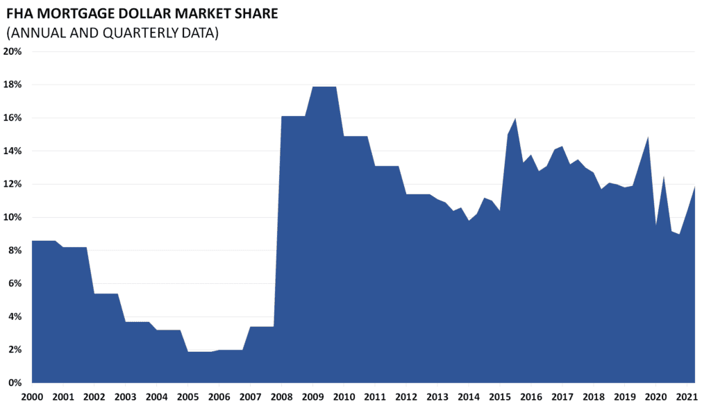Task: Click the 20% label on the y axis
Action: point(14,51)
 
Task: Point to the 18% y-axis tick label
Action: point(14,85)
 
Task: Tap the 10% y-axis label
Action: point(14,217)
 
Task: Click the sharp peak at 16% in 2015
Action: point(515,119)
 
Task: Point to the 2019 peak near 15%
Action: point(648,137)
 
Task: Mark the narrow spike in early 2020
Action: point(664,177)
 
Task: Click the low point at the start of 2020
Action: point(655,225)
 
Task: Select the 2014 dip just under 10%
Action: point(469,221)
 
